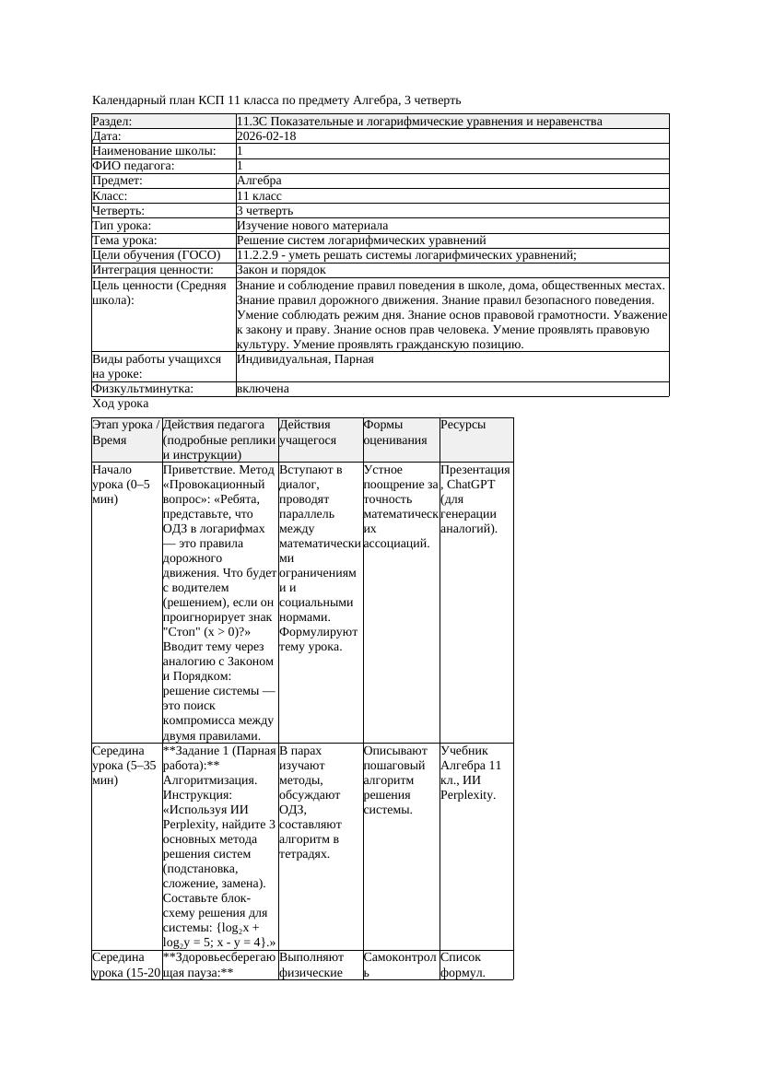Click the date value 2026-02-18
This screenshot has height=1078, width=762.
[x=266, y=136]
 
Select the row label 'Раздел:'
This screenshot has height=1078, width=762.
[x=112, y=122]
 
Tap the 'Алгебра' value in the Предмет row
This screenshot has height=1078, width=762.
[x=259, y=181]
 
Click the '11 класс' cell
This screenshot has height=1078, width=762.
[x=259, y=196]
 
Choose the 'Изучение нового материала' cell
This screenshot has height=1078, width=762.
[x=312, y=226]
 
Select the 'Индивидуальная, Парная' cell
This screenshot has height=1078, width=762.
[x=305, y=359]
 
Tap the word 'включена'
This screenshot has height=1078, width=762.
[x=263, y=389]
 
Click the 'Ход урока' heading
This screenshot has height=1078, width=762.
[x=121, y=404]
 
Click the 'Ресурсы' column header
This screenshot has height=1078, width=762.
[x=463, y=425]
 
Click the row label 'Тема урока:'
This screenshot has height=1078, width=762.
[x=124, y=240]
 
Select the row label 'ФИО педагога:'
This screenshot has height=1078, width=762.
[x=134, y=166]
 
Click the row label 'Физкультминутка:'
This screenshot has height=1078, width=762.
[x=143, y=389]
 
